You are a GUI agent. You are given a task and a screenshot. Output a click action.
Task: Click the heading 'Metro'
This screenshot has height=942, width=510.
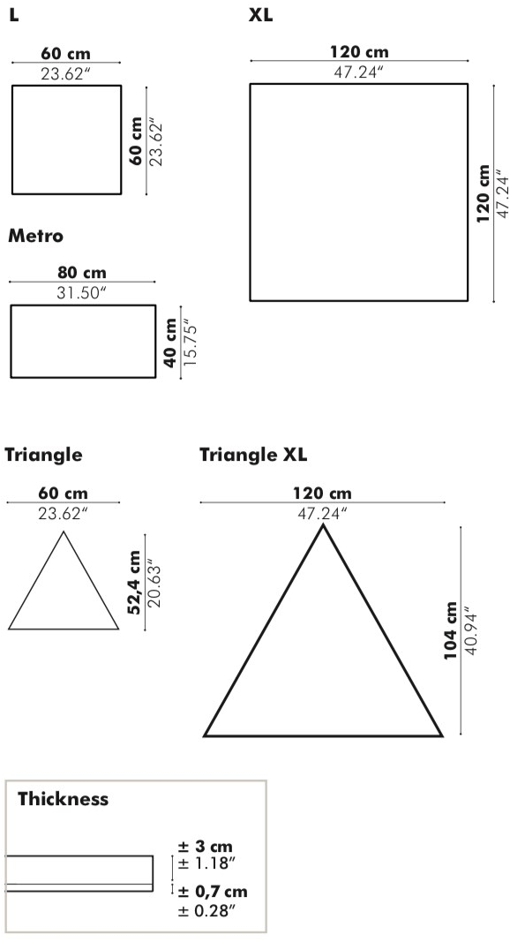point(35,236)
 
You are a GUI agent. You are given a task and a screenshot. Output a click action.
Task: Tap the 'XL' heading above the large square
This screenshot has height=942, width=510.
point(260,15)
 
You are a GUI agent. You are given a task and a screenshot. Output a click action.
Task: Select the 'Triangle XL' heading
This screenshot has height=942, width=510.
point(253,455)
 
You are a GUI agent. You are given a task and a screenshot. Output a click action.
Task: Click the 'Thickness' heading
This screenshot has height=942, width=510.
point(63,798)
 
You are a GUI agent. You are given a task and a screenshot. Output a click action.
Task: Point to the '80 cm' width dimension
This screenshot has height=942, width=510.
point(82,272)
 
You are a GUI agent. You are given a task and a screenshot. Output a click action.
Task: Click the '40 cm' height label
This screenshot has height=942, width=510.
point(171,343)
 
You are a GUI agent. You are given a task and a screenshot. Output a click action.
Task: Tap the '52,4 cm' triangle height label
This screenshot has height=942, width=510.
point(134,582)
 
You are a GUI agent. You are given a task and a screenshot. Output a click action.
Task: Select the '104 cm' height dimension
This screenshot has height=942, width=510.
point(451,630)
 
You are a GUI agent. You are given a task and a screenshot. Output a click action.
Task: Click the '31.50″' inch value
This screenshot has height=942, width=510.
point(82,292)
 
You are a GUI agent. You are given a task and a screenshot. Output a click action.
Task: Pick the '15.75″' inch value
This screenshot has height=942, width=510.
point(190,343)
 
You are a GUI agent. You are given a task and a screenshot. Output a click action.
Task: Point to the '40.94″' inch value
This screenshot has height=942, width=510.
point(470,633)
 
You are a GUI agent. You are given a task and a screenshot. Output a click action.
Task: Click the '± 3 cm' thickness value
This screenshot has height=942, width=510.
point(205,847)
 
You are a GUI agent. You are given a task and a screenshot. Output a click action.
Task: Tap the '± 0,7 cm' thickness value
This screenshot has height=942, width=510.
point(213,891)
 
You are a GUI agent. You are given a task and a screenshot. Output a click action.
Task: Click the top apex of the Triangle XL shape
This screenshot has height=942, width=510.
point(323,525)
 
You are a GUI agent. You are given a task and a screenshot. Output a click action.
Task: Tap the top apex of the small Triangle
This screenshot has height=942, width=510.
point(64,532)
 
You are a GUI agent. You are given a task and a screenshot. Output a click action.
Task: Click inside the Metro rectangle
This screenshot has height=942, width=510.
point(83,342)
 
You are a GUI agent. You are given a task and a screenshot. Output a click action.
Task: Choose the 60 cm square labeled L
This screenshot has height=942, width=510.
point(67,140)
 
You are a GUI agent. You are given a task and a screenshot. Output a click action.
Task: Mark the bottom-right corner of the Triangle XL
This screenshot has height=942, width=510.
point(441,735)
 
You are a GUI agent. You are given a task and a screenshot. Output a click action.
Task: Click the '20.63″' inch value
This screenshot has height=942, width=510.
point(154,583)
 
